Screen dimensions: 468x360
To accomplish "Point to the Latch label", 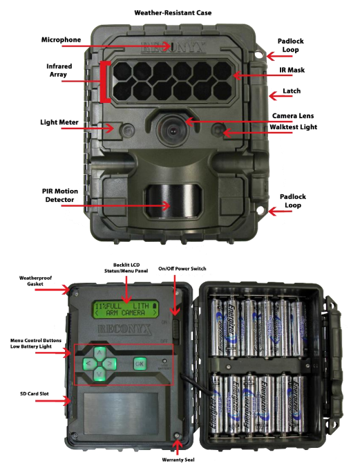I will point(292,91).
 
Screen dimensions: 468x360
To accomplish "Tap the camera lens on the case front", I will point(169,129).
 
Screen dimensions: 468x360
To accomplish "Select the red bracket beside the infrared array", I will point(102,82).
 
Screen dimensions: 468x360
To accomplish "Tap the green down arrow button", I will point(100,375).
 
